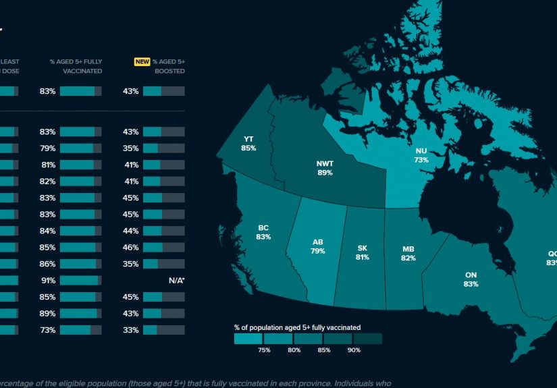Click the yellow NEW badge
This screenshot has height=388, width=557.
point(142,61)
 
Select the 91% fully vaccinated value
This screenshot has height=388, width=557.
point(47,280)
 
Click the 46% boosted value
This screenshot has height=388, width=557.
point(131,247)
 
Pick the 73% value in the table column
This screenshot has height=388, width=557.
point(47,330)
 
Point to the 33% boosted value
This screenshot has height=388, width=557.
point(131,330)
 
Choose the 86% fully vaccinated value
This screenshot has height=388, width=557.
point(47,264)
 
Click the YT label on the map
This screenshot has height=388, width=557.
point(248,140)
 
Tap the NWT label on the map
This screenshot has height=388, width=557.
point(325,164)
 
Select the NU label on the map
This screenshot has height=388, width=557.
point(421,152)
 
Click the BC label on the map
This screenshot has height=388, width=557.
point(263,228)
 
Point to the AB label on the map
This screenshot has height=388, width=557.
point(318,242)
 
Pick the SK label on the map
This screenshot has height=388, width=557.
point(362,248)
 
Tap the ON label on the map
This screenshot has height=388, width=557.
point(471,275)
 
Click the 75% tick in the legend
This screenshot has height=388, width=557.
point(264,350)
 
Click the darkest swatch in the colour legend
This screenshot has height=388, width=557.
point(367,339)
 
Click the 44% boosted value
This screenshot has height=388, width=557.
point(131,231)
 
